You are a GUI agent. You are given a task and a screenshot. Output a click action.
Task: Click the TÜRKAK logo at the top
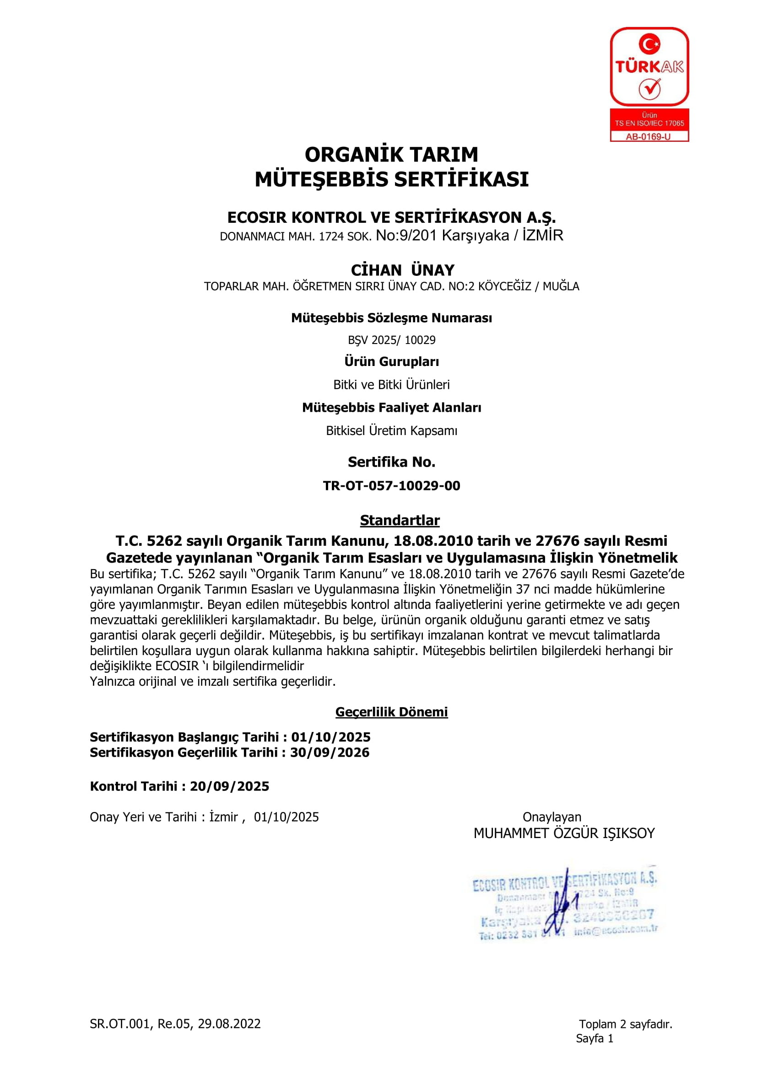(x=649, y=67)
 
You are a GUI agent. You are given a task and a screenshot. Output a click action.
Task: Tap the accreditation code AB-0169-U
(x=649, y=136)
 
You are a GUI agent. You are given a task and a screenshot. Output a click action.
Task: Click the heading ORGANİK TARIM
(x=392, y=154)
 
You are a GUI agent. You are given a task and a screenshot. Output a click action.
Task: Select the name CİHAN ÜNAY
(x=402, y=270)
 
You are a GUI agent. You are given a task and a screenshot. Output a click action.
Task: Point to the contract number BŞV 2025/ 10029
(x=392, y=340)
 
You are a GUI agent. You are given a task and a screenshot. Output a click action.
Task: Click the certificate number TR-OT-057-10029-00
(x=392, y=486)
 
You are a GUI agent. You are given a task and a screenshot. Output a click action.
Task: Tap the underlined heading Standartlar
(x=400, y=520)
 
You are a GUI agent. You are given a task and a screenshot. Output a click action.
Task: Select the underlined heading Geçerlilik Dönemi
(x=392, y=712)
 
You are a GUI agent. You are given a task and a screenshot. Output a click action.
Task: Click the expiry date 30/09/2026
(x=330, y=752)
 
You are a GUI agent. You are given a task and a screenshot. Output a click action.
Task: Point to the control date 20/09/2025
(x=229, y=786)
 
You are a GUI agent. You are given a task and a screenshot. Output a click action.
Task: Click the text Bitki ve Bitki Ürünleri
(x=392, y=384)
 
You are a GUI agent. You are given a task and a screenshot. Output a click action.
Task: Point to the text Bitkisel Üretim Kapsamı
(x=392, y=430)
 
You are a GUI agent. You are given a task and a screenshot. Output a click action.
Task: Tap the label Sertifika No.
(x=392, y=462)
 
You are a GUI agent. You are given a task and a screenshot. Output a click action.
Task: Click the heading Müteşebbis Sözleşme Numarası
(x=392, y=318)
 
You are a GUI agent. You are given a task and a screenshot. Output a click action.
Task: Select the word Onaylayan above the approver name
(x=552, y=817)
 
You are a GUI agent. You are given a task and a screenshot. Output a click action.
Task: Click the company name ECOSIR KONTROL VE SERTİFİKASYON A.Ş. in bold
(x=392, y=218)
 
